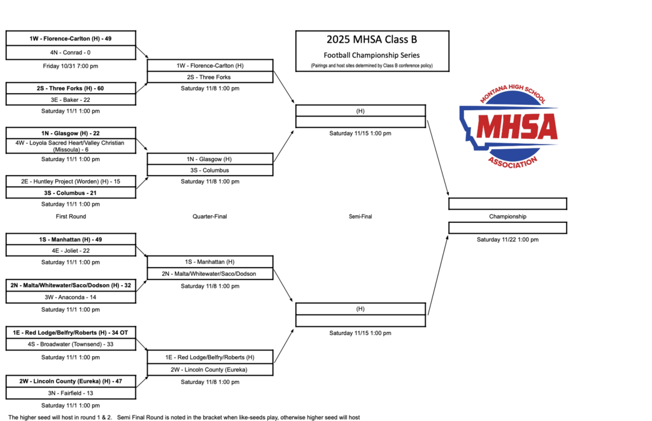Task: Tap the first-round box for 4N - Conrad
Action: [70, 53]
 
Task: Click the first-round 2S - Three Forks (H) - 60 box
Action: [70, 88]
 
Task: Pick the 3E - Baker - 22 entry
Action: [70, 99]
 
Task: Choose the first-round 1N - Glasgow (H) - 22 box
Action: [70, 133]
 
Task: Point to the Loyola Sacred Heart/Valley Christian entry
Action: [70, 146]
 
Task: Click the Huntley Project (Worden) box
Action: [70, 182]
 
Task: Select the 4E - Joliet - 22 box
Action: [70, 251]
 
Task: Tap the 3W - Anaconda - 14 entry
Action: [70, 297]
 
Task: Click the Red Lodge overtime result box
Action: [70, 332]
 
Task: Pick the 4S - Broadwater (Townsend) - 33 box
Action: [70, 344]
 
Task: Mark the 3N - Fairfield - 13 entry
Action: [70, 393]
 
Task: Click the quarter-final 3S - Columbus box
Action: [210, 170]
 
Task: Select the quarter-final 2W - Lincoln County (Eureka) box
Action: [210, 369]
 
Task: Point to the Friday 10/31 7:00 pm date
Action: [70, 66]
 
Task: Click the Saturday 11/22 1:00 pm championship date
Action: [507, 240]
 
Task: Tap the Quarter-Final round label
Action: [210, 217]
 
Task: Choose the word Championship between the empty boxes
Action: [507, 217]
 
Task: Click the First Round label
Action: [70, 217]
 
